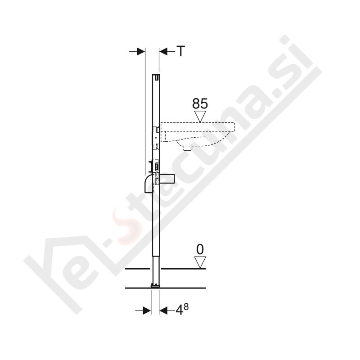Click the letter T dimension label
pos(180,52)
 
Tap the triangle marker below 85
pos(200,117)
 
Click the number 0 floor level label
pos(200,249)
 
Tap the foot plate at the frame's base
pos(155,285)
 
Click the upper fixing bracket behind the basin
pos(156,130)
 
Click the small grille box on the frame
pos(156,166)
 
